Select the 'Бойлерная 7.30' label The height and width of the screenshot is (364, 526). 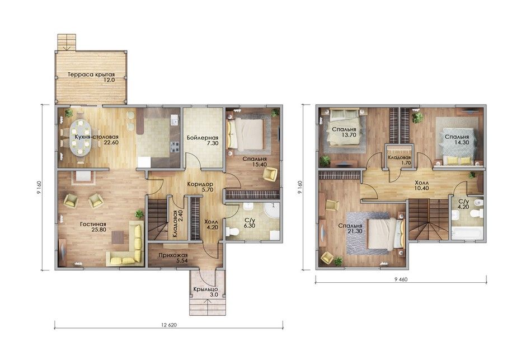click(203, 141)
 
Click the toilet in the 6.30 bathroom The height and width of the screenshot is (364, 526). click(232, 232)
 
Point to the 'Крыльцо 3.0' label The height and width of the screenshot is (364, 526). click(205, 292)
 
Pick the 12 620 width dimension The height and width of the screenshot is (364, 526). click(169, 325)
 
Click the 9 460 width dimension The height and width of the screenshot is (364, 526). click(401, 279)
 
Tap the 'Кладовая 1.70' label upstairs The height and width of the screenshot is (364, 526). click(399, 160)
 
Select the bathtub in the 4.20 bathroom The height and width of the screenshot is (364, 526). click(467, 233)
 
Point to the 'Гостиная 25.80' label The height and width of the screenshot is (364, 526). click(93, 227)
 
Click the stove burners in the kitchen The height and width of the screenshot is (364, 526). click(175, 146)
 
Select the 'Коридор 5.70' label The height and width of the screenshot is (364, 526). click(200, 187)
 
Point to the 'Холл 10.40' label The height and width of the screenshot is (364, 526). click(421, 185)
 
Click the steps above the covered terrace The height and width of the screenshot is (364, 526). click(67, 42)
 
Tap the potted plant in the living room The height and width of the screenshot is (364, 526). click(139, 214)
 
